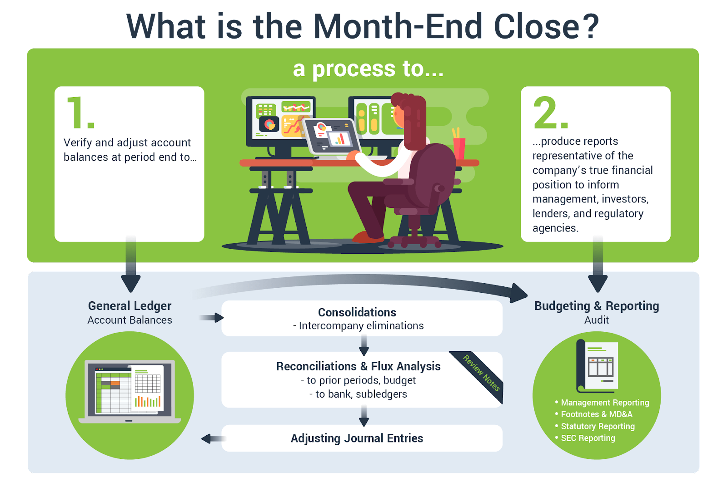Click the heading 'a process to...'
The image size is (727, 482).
(x=368, y=69)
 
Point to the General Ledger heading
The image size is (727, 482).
(x=129, y=305)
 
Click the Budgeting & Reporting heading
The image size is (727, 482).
(x=597, y=305)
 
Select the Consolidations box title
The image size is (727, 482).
(x=357, y=312)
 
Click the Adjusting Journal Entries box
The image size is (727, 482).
(x=362, y=438)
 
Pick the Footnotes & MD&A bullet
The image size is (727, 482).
(x=593, y=414)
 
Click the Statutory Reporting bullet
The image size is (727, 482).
(x=595, y=426)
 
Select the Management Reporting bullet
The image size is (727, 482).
(x=602, y=403)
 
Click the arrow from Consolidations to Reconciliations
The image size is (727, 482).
(x=364, y=345)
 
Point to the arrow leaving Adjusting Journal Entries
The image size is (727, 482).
(x=213, y=438)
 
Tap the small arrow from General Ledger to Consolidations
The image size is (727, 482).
(x=212, y=318)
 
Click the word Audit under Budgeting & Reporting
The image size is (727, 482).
(x=597, y=320)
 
